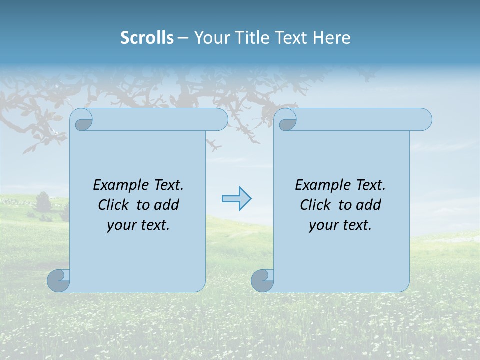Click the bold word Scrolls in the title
tap(147, 38)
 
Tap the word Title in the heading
tap(249, 38)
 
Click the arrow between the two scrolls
tap(236, 199)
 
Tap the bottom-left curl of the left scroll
tap(58, 281)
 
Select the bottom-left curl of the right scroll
tap(262, 281)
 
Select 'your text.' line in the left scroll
tap(138, 225)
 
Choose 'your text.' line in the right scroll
tap(340, 225)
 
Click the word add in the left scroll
tap(166, 205)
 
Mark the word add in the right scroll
tap(368, 205)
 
